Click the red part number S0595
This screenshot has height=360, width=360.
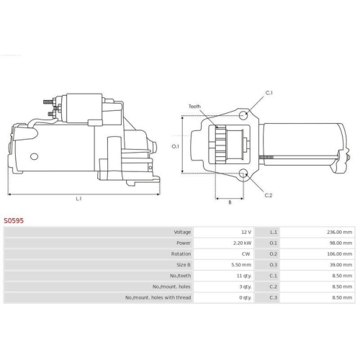click(14, 220)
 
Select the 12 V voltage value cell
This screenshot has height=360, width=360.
click(246, 232)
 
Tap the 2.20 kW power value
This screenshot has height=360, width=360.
click(242, 243)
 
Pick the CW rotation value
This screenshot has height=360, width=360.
click(246, 254)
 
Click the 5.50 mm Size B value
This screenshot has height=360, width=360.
click(241, 265)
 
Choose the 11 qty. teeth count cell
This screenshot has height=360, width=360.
click(244, 276)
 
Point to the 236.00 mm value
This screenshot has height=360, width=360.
click(339, 232)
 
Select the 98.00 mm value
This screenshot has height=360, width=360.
click(341, 243)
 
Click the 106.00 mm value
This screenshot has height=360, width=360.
click(340, 254)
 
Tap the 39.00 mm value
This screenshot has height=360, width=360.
click(341, 265)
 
